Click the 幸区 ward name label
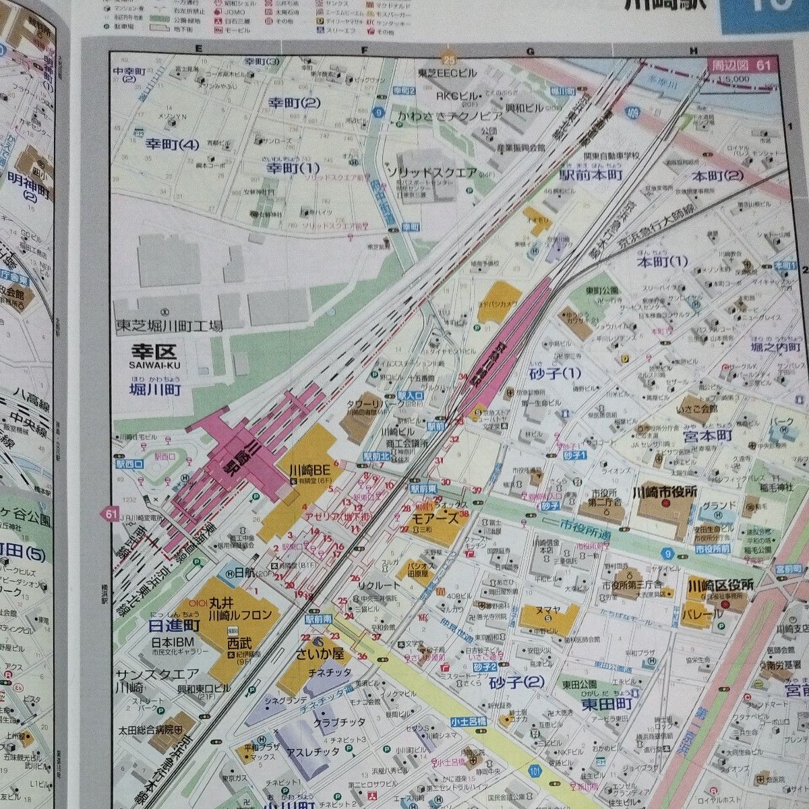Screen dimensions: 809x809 pyautogui.click(x=153, y=352)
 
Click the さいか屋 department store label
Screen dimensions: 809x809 pyautogui.click(x=319, y=653)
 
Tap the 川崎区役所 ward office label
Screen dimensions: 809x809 pyautogui.click(x=721, y=585)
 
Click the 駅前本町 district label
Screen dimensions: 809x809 pyautogui.click(x=591, y=175)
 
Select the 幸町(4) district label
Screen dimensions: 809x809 pyautogui.click(x=173, y=143)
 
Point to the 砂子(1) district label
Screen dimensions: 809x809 pyautogui.click(x=556, y=372)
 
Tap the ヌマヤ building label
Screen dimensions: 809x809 pyautogui.click(x=548, y=609)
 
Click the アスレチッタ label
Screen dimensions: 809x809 pyautogui.click(x=313, y=752)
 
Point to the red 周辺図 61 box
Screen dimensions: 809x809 pyautogui.click(x=744, y=65)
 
